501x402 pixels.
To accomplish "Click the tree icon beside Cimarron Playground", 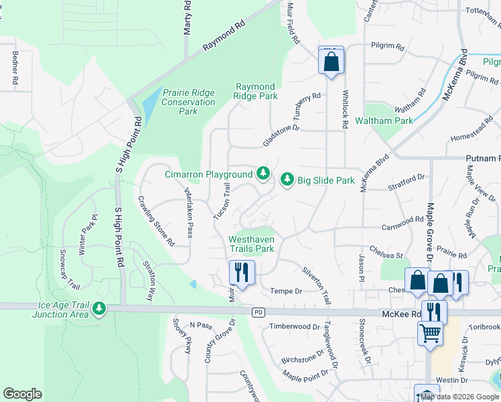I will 263,174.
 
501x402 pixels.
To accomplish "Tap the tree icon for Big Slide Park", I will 287,180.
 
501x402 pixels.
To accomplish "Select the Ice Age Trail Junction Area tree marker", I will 100,309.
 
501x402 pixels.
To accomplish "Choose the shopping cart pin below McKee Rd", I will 430,333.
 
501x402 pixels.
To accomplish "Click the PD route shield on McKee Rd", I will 258,313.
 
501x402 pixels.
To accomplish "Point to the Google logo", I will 22,394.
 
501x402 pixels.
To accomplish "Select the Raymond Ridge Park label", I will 256,92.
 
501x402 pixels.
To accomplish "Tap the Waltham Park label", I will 393,121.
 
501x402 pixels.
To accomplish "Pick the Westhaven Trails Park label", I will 251,244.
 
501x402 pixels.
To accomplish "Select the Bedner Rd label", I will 14,68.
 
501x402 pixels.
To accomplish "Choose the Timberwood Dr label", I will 295,326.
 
